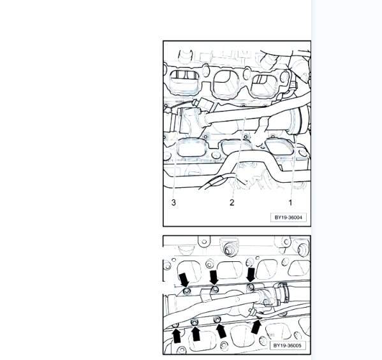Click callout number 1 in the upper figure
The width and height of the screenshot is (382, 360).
click(290, 203)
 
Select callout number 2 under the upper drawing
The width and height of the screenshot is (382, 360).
click(231, 203)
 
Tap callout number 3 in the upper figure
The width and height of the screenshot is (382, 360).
click(173, 203)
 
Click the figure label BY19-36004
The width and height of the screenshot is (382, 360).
click(288, 217)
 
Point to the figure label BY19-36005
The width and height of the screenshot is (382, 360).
click(288, 345)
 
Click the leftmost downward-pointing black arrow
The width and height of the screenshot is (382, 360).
click(184, 280)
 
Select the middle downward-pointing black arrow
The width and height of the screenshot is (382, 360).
click(214, 277)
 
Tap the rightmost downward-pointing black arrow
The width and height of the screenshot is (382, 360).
click(251, 275)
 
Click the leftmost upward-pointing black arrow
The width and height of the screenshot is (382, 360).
click(177, 335)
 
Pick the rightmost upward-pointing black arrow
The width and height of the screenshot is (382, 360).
click(256, 327)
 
